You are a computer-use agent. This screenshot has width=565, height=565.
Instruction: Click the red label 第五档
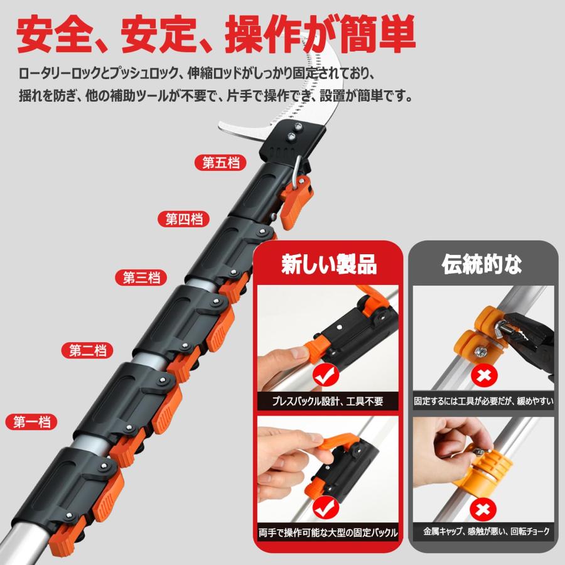coord(220,163)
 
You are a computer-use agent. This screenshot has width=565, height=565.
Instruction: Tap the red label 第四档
coord(183,219)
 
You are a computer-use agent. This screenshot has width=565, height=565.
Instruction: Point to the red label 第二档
coord(87,350)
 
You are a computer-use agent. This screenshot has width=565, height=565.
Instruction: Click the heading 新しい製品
coord(328,264)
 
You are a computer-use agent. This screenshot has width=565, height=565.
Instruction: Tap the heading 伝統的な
coord(482,264)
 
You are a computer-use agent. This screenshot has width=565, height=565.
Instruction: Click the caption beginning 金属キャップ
coord(483,532)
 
